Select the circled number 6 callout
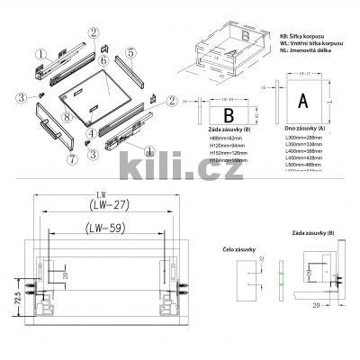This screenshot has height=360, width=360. (103, 59)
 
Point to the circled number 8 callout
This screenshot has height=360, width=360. (67, 118)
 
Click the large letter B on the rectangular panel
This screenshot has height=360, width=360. (229, 115)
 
